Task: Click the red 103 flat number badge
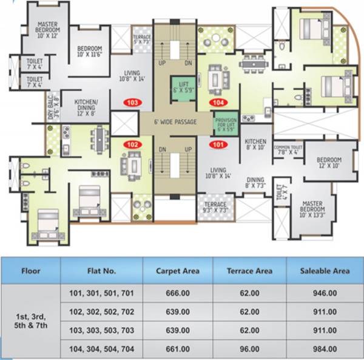[133, 103]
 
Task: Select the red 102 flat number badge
[132, 144]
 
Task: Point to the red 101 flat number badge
[218, 144]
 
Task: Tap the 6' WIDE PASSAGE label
[176, 122]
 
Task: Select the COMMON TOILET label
[289, 149]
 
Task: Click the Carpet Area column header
[178, 271]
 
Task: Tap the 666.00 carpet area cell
[178, 293]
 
